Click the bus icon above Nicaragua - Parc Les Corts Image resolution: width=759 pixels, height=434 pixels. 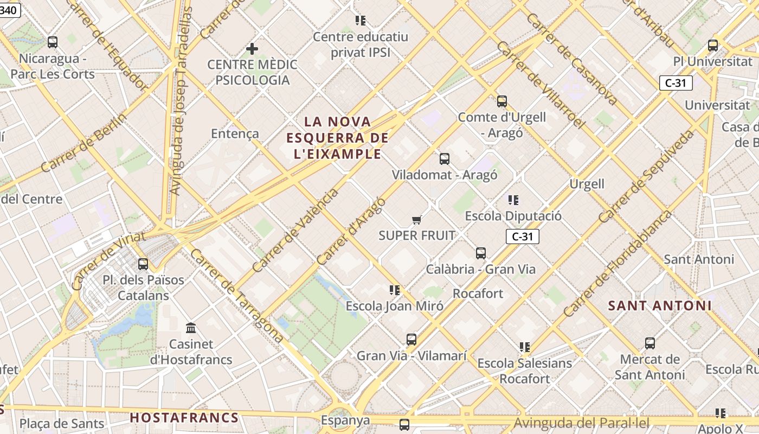(x=53, y=42)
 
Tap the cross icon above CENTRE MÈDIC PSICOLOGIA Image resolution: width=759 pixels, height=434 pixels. (x=252, y=49)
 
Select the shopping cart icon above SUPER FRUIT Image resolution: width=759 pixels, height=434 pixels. (x=416, y=220)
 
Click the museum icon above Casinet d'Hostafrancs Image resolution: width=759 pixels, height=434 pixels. (x=191, y=328)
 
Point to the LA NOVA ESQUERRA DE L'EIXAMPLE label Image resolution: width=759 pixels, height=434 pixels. (x=337, y=138)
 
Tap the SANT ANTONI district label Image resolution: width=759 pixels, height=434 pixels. (x=659, y=305)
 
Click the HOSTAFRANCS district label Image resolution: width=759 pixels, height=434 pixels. (x=184, y=418)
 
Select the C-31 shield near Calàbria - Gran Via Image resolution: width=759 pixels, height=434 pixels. (x=522, y=237)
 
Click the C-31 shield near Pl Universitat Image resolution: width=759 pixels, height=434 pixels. (x=676, y=83)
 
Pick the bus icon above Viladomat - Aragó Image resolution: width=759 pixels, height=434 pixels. (x=445, y=159)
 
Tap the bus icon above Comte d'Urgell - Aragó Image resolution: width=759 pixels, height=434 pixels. (x=502, y=101)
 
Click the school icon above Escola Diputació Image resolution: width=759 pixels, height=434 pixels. (x=513, y=200)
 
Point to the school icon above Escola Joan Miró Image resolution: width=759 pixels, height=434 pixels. (x=395, y=290)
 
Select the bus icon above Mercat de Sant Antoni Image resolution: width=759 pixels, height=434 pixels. (x=650, y=343)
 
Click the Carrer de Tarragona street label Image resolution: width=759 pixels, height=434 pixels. (x=237, y=296)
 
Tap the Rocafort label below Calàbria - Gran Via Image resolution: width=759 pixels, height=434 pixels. (x=478, y=293)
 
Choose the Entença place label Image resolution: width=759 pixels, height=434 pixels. (x=235, y=133)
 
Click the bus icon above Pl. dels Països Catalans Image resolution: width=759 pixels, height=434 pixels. (x=143, y=264)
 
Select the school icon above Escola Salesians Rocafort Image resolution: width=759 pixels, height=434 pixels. (x=524, y=347)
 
